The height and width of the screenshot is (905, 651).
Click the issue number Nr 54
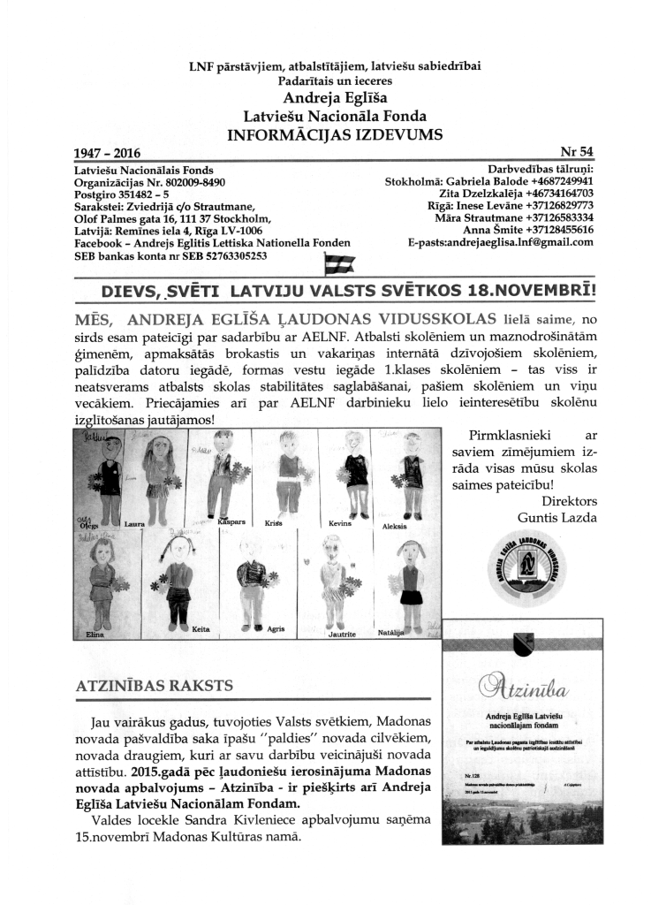pos(577,152)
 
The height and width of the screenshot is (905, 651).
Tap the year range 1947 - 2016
pos(108,152)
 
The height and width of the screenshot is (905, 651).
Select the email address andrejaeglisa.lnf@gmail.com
pos(500,243)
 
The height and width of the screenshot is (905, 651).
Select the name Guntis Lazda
pos(557,516)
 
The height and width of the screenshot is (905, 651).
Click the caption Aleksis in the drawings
pos(394,525)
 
